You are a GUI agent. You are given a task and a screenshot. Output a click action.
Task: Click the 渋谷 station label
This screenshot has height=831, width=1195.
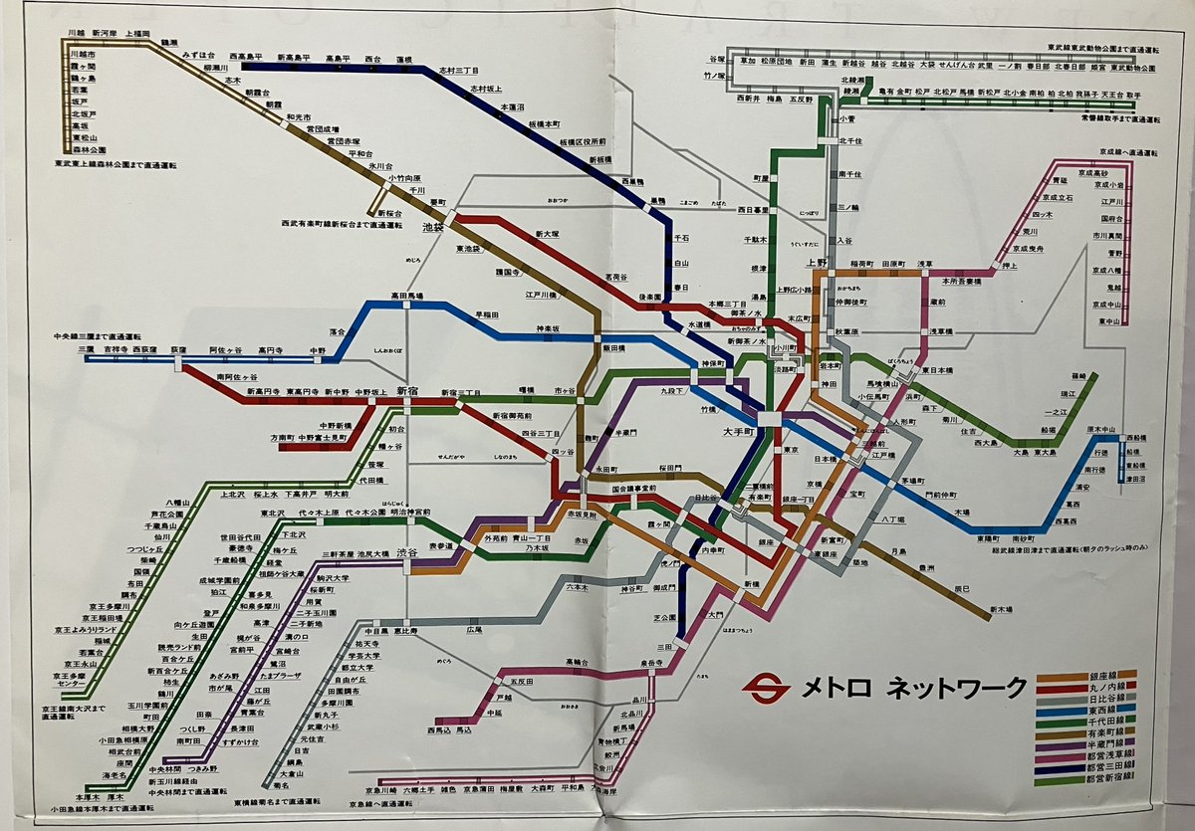(406, 552)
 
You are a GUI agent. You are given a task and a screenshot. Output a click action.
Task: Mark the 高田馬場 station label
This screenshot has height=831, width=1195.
(406, 296)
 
